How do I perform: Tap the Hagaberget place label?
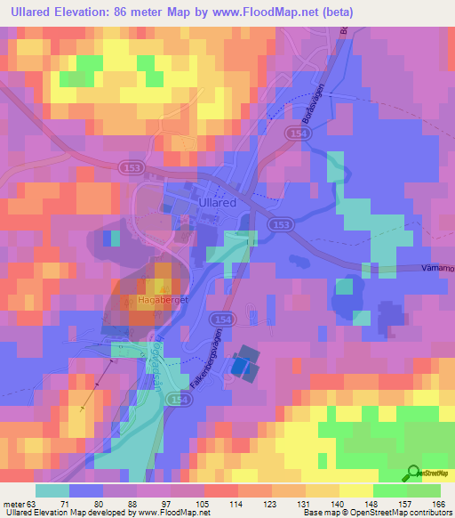pos(160,301)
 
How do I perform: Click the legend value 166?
pos(439,503)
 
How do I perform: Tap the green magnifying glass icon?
pos(414,473)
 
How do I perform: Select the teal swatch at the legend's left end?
pos(52,490)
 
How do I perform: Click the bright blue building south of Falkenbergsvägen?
pos(241,365)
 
